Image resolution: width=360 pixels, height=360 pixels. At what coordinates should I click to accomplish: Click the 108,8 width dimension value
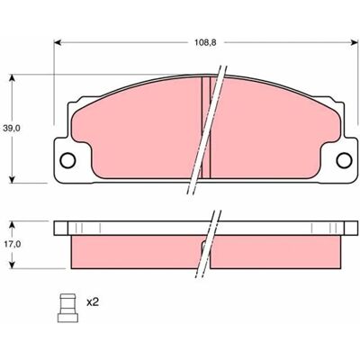click(205, 42)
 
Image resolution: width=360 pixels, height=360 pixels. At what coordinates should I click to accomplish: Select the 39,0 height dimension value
click(12, 129)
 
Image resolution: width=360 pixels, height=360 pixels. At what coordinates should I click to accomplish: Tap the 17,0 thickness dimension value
click(12, 245)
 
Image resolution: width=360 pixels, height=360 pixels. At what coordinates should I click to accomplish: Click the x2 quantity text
click(93, 302)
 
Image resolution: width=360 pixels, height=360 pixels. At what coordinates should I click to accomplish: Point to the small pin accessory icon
click(67, 308)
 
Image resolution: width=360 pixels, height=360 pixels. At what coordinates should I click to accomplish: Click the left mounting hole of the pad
click(67, 160)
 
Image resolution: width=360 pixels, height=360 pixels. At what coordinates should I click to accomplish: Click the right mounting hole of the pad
click(344, 160)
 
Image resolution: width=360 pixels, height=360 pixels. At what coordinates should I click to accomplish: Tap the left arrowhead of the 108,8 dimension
click(58, 42)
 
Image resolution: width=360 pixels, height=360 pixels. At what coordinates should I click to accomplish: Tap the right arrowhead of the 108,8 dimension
click(355, 42)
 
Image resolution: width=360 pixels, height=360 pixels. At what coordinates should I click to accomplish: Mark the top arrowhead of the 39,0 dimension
click(12, 78)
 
